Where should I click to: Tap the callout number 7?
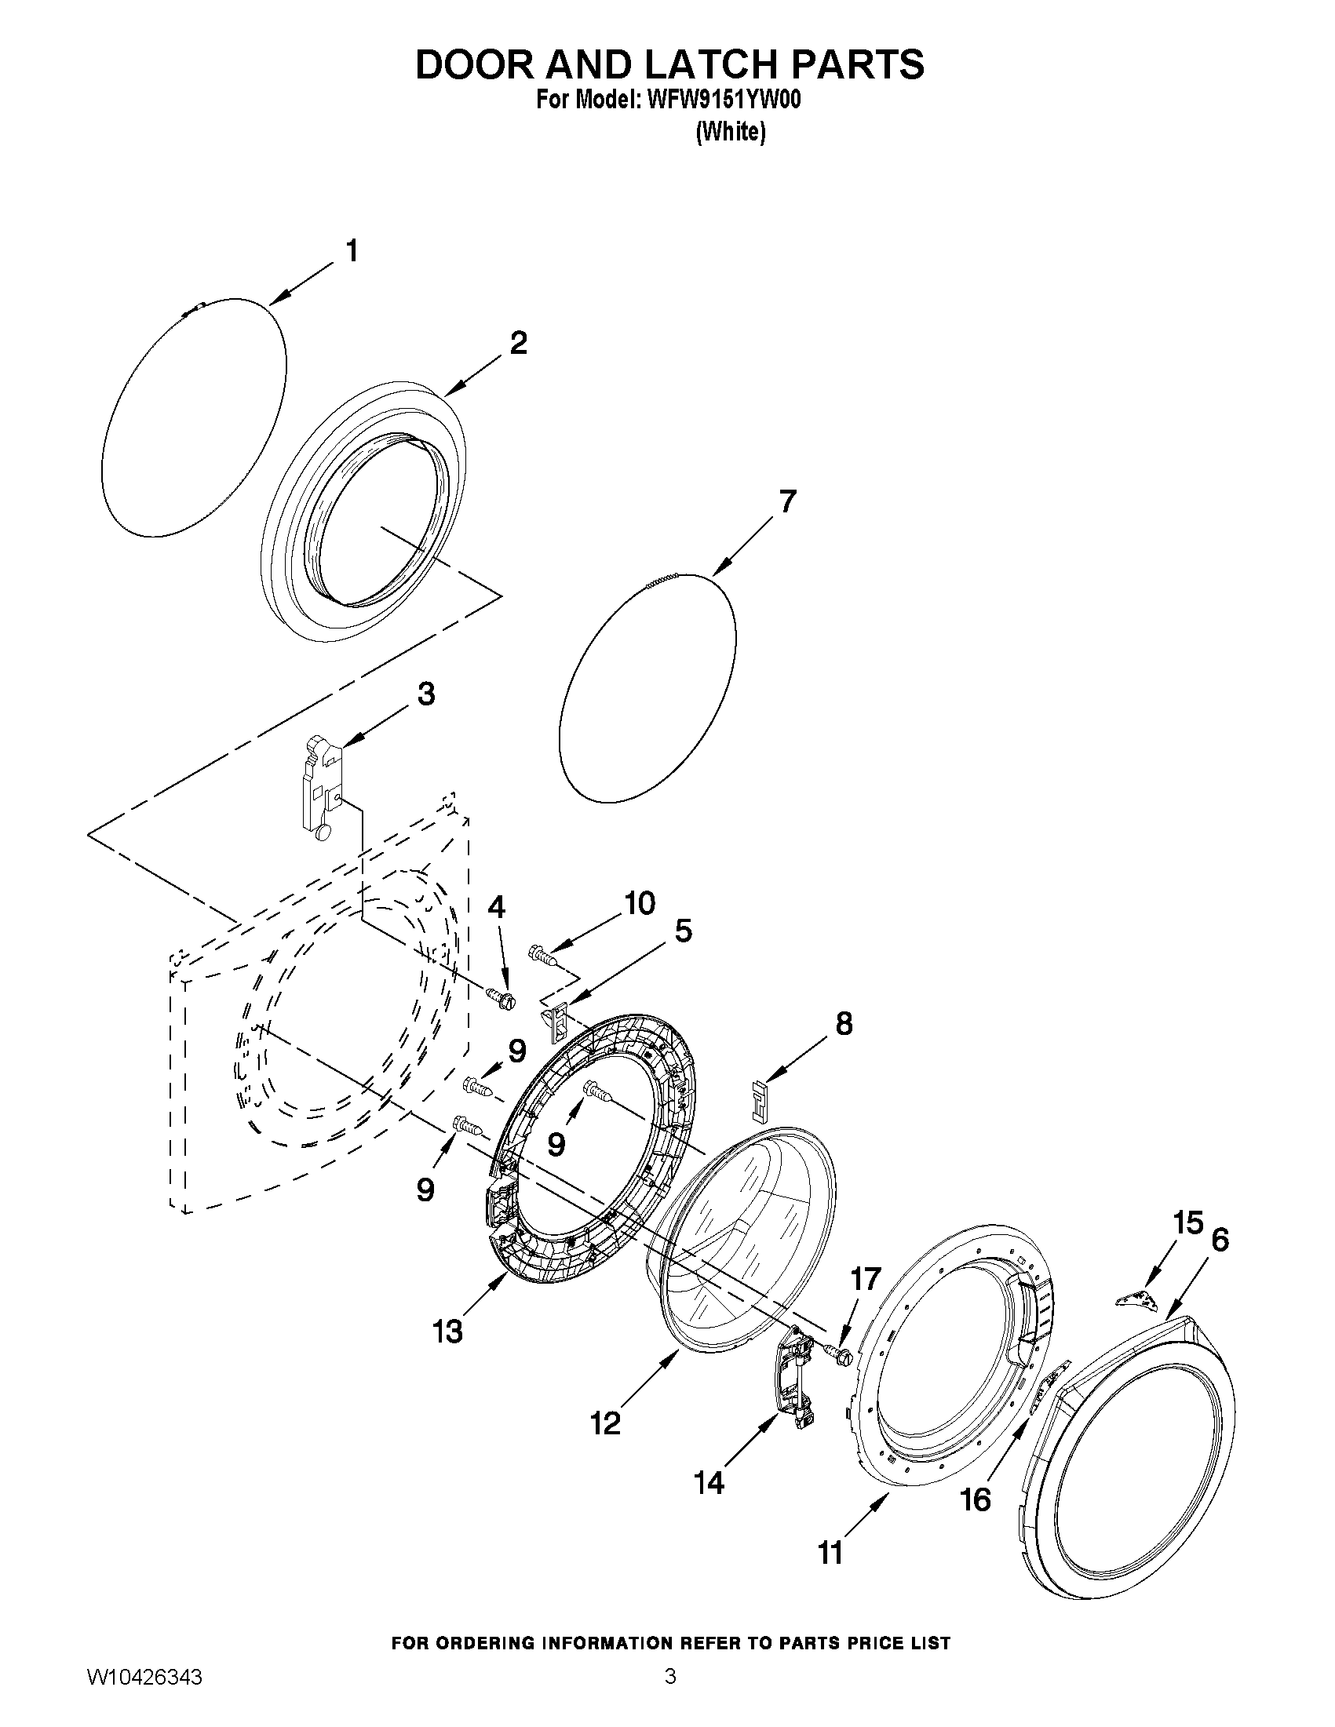pyautogui.click(x=787, y=502)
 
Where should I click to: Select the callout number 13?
pyautogui.click(x=447, y=1332)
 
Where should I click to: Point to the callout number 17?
pyautogui.click(x=865, y=1279)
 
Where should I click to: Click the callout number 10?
pyautogui.click(x=640, y=903)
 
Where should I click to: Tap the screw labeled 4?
pyautogui.click(x=500, y=1000)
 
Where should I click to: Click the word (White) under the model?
pyautogui.click(x=730, y=132)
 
